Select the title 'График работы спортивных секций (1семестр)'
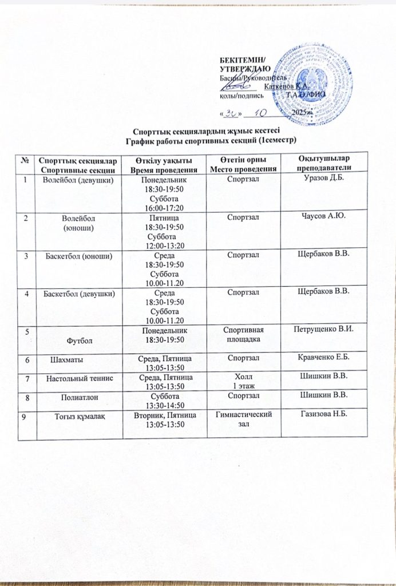click(x=197, y=140)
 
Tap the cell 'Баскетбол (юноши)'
click(x=78, y=255)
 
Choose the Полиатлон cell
click(x=78, y=396)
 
